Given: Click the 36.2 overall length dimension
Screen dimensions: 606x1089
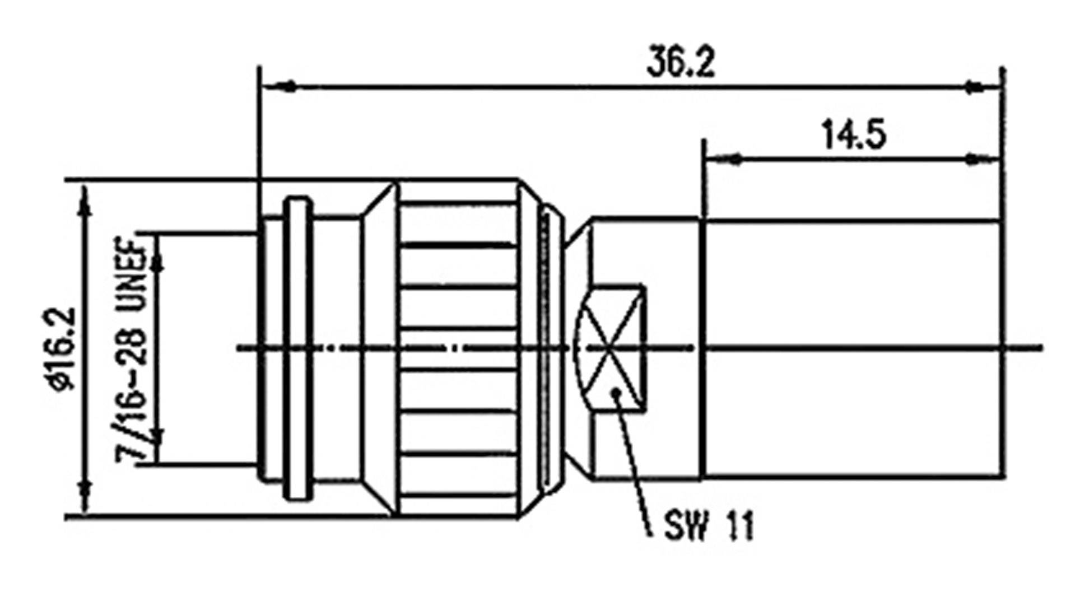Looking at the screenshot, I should pos(681,62).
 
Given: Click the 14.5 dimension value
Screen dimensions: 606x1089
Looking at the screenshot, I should pos(854,135).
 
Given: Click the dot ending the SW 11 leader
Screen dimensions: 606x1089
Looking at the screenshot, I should pos(616,392).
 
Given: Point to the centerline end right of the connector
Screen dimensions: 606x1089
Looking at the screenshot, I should pos(1039,348).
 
